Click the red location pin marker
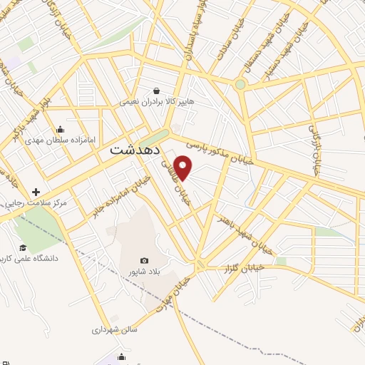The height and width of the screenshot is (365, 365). (184, 168)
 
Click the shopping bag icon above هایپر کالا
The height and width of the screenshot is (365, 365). (156, 91)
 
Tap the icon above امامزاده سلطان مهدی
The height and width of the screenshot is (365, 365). (59, 130)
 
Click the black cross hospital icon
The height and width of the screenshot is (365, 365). (36, 192)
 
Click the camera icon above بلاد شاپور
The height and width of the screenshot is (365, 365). (145, 261)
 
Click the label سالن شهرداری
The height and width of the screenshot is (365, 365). (113, 330)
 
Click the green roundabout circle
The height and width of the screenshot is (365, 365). (240, 85)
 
